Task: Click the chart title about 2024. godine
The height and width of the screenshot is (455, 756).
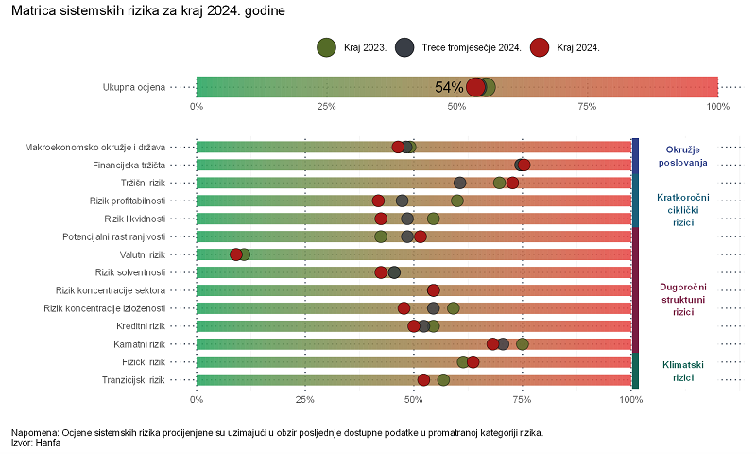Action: click(x=146, y=10)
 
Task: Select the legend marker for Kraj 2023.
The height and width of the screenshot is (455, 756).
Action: click(x=327, y=47)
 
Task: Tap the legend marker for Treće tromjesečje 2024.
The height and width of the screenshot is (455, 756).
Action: click(x=405, y=47)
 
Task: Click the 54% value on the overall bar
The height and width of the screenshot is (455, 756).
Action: click(x=449, y=87)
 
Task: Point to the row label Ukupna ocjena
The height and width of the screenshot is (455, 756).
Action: click(x=134, y=87)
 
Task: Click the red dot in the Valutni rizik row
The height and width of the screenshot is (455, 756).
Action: click(x=236, y=254)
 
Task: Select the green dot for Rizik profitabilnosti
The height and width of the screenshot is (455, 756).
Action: click(x=457, y=201)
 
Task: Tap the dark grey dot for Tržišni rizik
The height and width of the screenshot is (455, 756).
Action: click(x=460, y=183)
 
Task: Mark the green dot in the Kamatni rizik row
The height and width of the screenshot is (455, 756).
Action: click(x=523, y=343)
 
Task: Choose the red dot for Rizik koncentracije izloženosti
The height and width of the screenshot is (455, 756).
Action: click(x=404, y=308)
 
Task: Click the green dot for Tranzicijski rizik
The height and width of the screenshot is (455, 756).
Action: click(x=443, y=380)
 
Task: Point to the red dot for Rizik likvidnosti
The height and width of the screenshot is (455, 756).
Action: click(x=381, y=219)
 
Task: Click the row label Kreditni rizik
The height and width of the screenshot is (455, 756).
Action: click(x=138, y=326)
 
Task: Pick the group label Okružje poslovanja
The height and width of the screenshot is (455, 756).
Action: click(x=683, y=156)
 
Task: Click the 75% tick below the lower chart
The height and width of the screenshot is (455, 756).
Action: click(x=523, y=400)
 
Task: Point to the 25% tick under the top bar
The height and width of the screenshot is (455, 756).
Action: click(x=327, y=106)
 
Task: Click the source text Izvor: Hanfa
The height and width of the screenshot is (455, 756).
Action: click(x=36, y=442)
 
